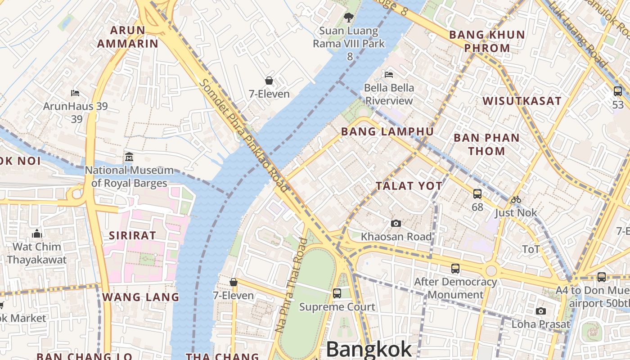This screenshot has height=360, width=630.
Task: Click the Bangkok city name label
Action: tap(369, 349)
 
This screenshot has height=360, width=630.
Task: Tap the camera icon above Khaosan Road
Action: tap(396, 223)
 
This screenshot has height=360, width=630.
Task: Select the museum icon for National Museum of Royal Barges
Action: tap(129, 157)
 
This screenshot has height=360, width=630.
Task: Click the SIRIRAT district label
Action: tap(132, 235)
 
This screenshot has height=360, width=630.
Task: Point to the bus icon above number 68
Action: tap(477, 194)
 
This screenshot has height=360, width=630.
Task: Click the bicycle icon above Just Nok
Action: tap(516, 199)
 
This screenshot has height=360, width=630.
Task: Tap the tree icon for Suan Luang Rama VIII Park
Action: tap(348, 18)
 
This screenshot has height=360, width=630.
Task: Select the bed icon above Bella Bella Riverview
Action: tap(389, 74)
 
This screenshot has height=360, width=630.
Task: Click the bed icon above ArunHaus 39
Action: tap(75, 93)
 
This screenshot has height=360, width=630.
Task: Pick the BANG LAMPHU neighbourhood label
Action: tap(387, 132)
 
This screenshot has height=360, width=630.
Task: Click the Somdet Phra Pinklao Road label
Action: tap(243, 135)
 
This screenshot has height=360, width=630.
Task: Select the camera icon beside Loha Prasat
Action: tap(541, 311)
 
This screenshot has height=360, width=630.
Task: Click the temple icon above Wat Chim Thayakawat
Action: tap(37, 234)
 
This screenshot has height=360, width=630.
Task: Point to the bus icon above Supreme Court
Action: tap(337, 293)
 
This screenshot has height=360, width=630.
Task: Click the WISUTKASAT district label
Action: tap(522, 101)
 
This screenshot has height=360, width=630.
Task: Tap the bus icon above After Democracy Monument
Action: tap(455, 269)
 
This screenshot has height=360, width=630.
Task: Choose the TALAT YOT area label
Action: tap(409, 186)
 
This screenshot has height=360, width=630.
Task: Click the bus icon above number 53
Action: tap(618, 91)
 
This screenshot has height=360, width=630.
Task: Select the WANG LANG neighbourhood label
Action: tap(140, 297)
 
